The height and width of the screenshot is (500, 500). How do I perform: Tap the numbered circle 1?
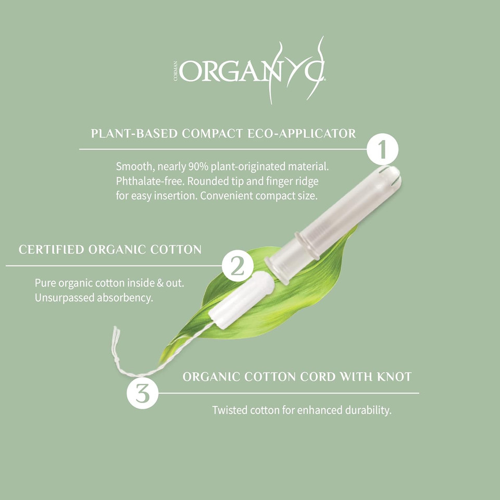[382, 150]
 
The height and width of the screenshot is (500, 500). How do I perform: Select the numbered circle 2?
[238, 267]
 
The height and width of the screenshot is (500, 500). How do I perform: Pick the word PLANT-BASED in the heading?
[134, 133]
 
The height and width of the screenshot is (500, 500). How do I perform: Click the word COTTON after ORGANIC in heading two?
[174, 249]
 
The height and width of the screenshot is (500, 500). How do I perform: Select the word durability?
[368, 410]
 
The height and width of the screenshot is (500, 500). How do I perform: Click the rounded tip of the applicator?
[392, 174]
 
